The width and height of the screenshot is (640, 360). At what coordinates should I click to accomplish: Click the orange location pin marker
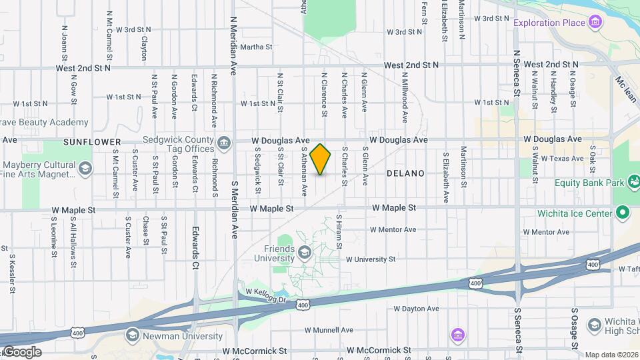321,159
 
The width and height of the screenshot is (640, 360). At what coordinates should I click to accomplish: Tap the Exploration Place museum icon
596,23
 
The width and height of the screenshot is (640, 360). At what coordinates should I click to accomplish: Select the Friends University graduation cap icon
305,252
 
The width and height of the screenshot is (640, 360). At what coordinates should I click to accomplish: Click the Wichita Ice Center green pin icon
623,213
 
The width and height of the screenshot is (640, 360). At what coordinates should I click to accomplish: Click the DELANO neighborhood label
405,173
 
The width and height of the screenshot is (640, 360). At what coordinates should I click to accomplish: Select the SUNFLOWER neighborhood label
92,142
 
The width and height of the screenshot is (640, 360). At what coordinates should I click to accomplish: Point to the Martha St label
257,47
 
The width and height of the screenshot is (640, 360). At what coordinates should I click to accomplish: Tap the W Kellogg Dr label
265,293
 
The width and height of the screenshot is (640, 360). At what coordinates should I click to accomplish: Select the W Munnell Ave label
329,330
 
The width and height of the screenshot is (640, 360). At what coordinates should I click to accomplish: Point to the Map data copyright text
611,355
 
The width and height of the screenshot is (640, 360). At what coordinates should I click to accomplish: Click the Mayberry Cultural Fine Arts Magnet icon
85,169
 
